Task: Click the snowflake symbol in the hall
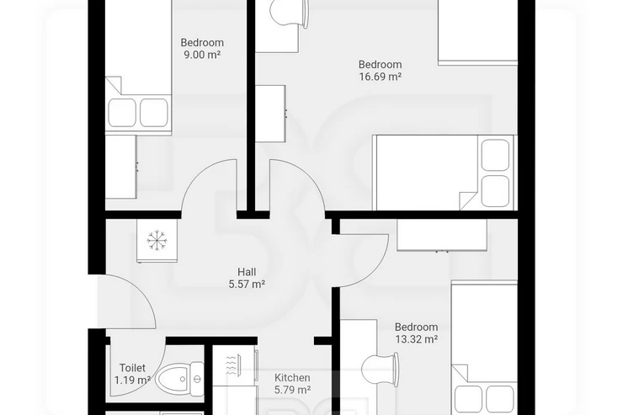[x=157, y=240]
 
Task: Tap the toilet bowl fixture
[x=172, y=379]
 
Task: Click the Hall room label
[x=247, y=272]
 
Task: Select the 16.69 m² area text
[x=381, y=77]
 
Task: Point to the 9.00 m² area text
[x=202, y=55]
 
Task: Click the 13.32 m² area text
[x=417, y=339]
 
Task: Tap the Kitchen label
[x=292, y=378]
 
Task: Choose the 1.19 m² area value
[x=132, y=380]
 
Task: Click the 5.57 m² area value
[x=247, y=285]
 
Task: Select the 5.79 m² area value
[x=292, y=390]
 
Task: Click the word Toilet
[x=132, y=368]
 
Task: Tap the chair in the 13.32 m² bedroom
[x=380, y=370]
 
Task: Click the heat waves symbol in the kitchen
[x=231, y=365]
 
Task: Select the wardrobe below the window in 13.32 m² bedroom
[x=442, y=235]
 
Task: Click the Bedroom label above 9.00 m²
[x=202, y=42]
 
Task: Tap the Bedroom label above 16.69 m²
[x=381, y=64]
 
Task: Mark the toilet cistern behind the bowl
[x=197, y=379]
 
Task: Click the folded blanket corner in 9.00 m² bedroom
[x=114, y=85]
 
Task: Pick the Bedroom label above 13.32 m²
[x=417, y=327]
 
